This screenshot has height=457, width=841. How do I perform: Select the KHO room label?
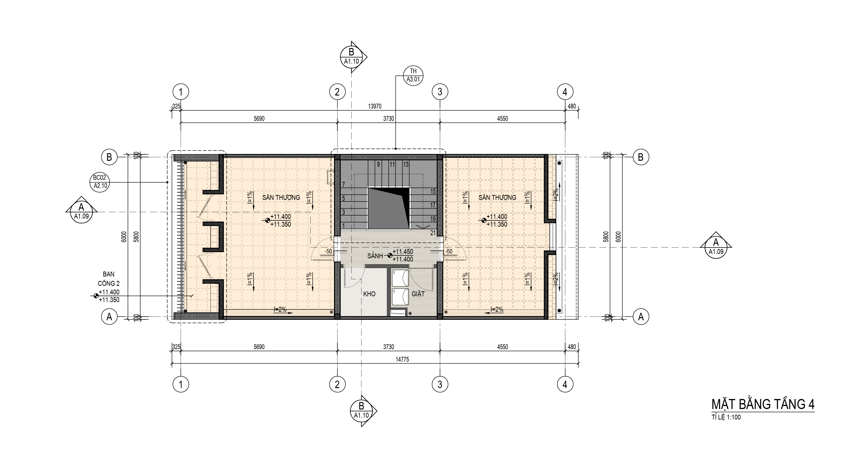click(369, 294)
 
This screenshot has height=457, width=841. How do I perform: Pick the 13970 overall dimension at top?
click(375, 106)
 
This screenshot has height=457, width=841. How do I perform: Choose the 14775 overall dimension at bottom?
click(402, 359)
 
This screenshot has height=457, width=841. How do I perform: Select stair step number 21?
click(433, 233)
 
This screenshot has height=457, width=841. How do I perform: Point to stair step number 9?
click(378, 164)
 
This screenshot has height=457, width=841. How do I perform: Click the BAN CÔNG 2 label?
click(109, 279)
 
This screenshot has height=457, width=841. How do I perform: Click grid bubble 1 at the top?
click(181, 92)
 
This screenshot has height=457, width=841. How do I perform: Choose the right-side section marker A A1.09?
click(716, 247)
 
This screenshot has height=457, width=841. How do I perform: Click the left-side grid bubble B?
click(109, 157)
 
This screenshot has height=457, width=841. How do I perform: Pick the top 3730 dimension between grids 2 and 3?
click(388, 119)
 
